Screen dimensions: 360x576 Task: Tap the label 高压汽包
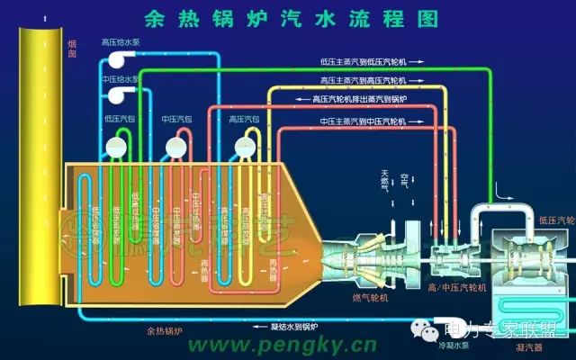click(245, 119)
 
